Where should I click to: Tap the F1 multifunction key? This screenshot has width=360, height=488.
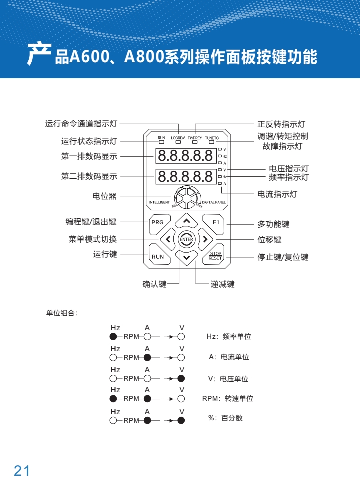point(215,222)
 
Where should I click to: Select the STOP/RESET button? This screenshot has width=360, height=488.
point(215,256)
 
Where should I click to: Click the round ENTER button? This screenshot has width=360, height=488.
point(186,239)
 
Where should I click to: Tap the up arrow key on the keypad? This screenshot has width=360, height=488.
point(186,220)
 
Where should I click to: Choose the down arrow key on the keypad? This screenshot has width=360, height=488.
point(186,258)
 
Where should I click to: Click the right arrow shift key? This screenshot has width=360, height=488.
point(205,239)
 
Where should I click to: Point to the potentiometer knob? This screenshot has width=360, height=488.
point(186,197)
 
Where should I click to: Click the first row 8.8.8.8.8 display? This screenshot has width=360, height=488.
point(186,156)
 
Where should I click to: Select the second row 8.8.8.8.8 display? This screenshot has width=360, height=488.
point(186,176)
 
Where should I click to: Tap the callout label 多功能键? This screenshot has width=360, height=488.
point(273,225)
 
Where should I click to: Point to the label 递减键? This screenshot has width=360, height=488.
point(222,285)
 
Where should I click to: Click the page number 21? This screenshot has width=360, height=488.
point(22,470)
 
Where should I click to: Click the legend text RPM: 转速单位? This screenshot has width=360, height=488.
point(228,399)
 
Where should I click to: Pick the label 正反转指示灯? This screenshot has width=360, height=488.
point(281,124)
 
